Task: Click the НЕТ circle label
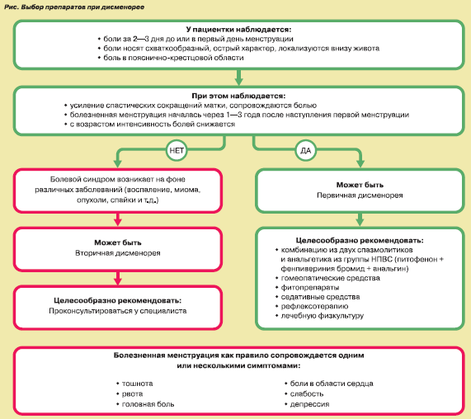177,150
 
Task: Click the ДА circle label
306,150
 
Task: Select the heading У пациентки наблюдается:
238,30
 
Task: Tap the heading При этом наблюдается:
238,96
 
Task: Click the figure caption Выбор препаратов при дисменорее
82,7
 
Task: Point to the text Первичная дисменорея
360,195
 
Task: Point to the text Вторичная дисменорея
118,253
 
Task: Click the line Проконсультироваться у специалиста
118,311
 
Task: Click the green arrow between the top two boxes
238,78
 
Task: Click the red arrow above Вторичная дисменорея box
118,219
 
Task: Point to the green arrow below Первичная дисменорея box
360,219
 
